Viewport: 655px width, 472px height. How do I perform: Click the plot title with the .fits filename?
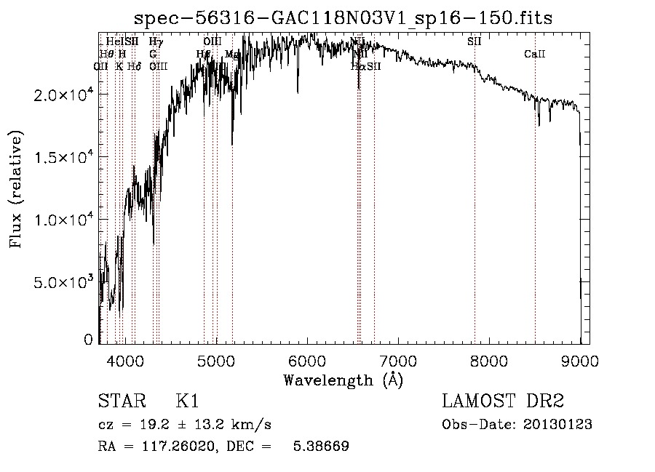coord(344,17)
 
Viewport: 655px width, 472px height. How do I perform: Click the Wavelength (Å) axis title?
coord(343,380)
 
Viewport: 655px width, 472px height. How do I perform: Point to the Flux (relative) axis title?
coord(16,190)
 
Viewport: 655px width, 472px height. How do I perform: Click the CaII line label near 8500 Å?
coord(535,55)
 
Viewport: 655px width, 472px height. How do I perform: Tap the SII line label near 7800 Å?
coord(475,41)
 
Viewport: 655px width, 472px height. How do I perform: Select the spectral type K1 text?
coord(187,401)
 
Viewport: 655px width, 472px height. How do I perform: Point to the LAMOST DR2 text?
coord(503,401)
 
